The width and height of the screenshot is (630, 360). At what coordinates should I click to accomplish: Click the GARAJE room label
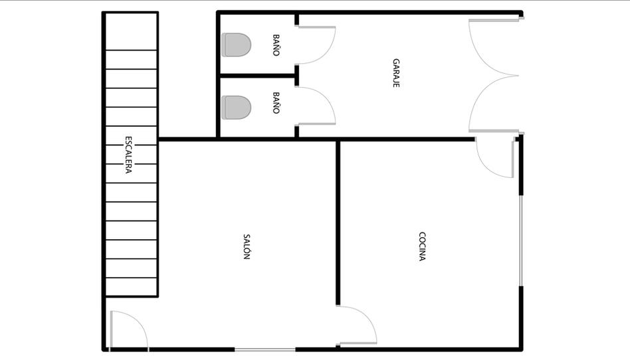[x=396, y=73]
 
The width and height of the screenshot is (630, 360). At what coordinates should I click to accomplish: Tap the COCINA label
[x=422, y=246]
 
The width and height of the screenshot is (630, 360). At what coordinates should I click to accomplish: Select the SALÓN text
[x=247, y=246]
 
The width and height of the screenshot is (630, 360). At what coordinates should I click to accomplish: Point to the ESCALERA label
[x=128, y=155]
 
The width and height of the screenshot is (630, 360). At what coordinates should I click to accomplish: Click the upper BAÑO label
[x=276, y=45]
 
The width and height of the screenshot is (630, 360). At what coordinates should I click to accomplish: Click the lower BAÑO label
[x=276, y=103]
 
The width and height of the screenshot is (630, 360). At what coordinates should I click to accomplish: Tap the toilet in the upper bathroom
[x=237, y=45]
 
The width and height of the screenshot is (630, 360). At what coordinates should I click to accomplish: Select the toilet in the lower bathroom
[x=237, y=108]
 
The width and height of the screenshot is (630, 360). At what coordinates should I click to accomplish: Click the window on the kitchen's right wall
[x=521, y=240]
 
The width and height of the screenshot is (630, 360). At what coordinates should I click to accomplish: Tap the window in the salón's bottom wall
[x=265, y=349]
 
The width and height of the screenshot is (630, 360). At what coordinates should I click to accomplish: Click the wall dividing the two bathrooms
[x=258, y=76]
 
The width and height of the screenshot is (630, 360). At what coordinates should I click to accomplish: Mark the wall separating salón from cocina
[x=338, y=223]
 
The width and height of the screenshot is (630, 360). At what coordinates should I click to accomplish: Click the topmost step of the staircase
[x=131, y=32]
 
